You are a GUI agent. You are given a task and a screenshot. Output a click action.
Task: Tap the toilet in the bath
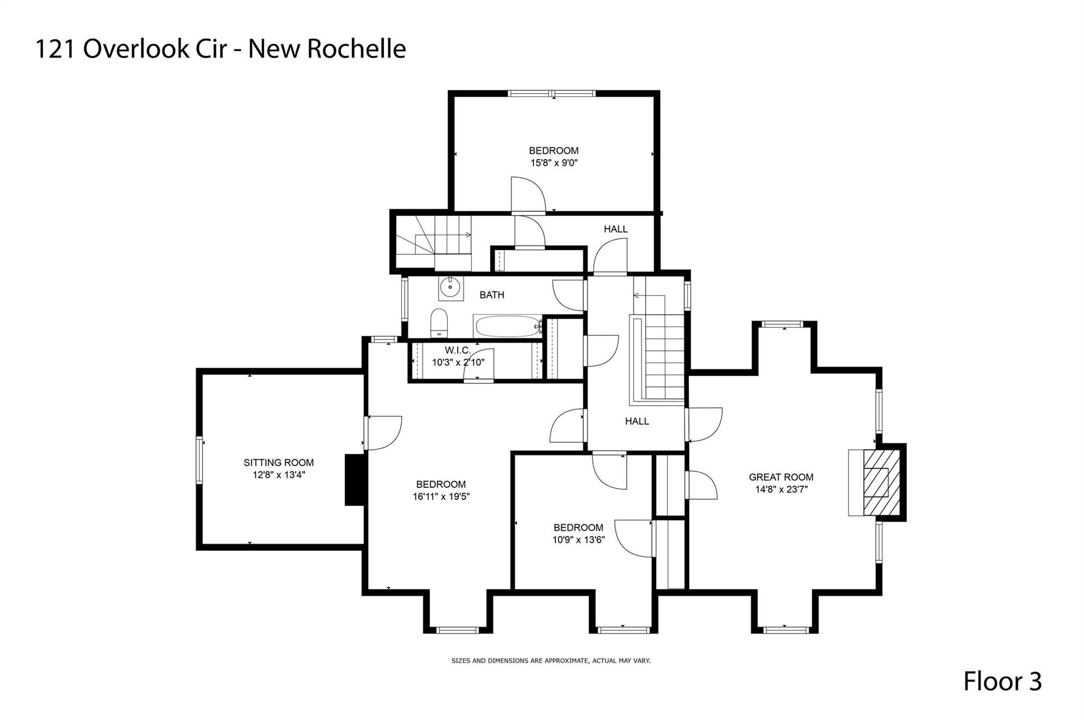pyautogui.click(x=439, y=323)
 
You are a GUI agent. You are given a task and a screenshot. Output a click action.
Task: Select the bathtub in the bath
pyautogui.click(x=508, y=326)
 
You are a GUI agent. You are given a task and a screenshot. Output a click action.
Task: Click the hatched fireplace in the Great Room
pyautogui.click(x=881, y=482)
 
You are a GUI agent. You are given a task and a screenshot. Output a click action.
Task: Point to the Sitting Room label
pyautogui.click(x=278, y=462)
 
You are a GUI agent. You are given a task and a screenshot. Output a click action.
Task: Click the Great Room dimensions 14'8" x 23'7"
pyautogui.click(x=781, y=489)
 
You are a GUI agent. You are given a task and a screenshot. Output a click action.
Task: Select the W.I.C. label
pyautogui.click(x=458, y=351)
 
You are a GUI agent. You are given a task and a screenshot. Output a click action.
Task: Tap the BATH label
pyautogui.click(x=492, y=295)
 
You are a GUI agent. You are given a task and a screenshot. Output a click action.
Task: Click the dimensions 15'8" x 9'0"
pyautogui.click(x=554, y=163)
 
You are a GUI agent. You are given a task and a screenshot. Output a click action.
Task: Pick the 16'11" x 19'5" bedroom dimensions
pyautogui.click(x=441, y=497)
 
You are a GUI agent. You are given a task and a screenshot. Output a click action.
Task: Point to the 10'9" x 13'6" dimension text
pyautogui.click(x=579, y=540)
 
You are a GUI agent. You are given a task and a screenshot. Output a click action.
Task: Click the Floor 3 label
pyautogui.click(x=1002, y=681)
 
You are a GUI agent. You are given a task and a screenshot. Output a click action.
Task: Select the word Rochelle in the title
pyautogui.click(x=357, y=49)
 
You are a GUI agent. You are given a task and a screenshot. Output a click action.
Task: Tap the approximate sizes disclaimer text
pyautogui.click(x=551, y=660)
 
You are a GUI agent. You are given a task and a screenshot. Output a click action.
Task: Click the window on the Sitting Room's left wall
pyautogui.click(x=200, y=460)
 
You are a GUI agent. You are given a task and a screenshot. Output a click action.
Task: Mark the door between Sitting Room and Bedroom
pyautogui.click(x=383, y=433)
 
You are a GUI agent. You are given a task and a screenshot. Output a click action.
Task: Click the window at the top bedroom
pyautogui.click(x=552, y=94)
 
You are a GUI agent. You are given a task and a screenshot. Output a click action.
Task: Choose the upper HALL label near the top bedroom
pyautogui.click(x=616, y=229)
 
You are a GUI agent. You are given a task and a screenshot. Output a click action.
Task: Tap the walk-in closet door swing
pyautogui.click(x=478, y=364)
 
